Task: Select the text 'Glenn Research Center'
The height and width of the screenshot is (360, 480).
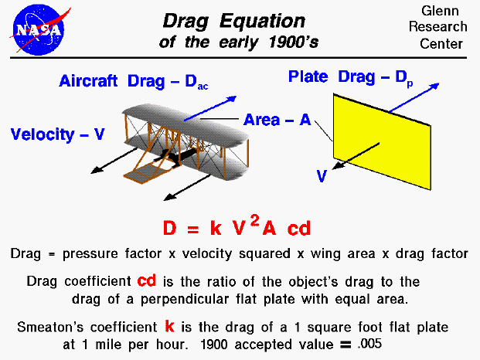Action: pyautogui.click(x=441, y=27)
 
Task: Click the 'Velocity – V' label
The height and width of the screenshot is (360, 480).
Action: pyautogui.click(x=57, y=134)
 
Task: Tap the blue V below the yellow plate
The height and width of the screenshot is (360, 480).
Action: pyautogui.click(x=322, y=175)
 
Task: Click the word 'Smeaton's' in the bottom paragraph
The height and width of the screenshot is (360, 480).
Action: pyautogui.click(x=46, y=328)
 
